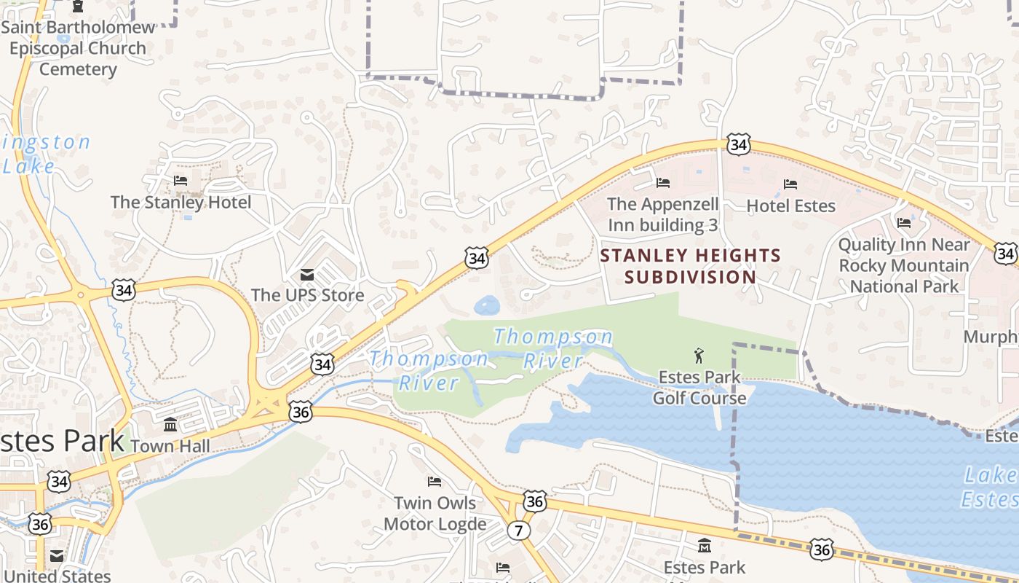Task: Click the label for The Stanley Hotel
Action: (181, 202)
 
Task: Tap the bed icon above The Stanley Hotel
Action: (181, 180)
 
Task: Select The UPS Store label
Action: (307, 295)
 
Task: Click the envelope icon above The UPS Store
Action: (307, 274)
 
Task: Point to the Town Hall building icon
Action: (170, 425)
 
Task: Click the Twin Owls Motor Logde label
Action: (435, 513)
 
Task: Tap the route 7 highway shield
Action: (518, 530)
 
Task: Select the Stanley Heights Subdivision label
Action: (690, 266)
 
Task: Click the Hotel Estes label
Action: (790, 206)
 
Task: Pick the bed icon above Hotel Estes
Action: (790, 184)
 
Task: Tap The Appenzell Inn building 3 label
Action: (662, 214)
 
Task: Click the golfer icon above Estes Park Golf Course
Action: (699, 356)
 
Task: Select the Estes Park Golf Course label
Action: (699, 387)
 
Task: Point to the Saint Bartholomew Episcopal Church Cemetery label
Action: (78, 48)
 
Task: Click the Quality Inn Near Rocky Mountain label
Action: (904, 265)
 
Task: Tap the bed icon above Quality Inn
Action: (904, 222)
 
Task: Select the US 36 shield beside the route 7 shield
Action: (534, 501)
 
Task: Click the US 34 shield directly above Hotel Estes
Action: (738, 145)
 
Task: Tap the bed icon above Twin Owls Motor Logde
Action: (435, 482)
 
